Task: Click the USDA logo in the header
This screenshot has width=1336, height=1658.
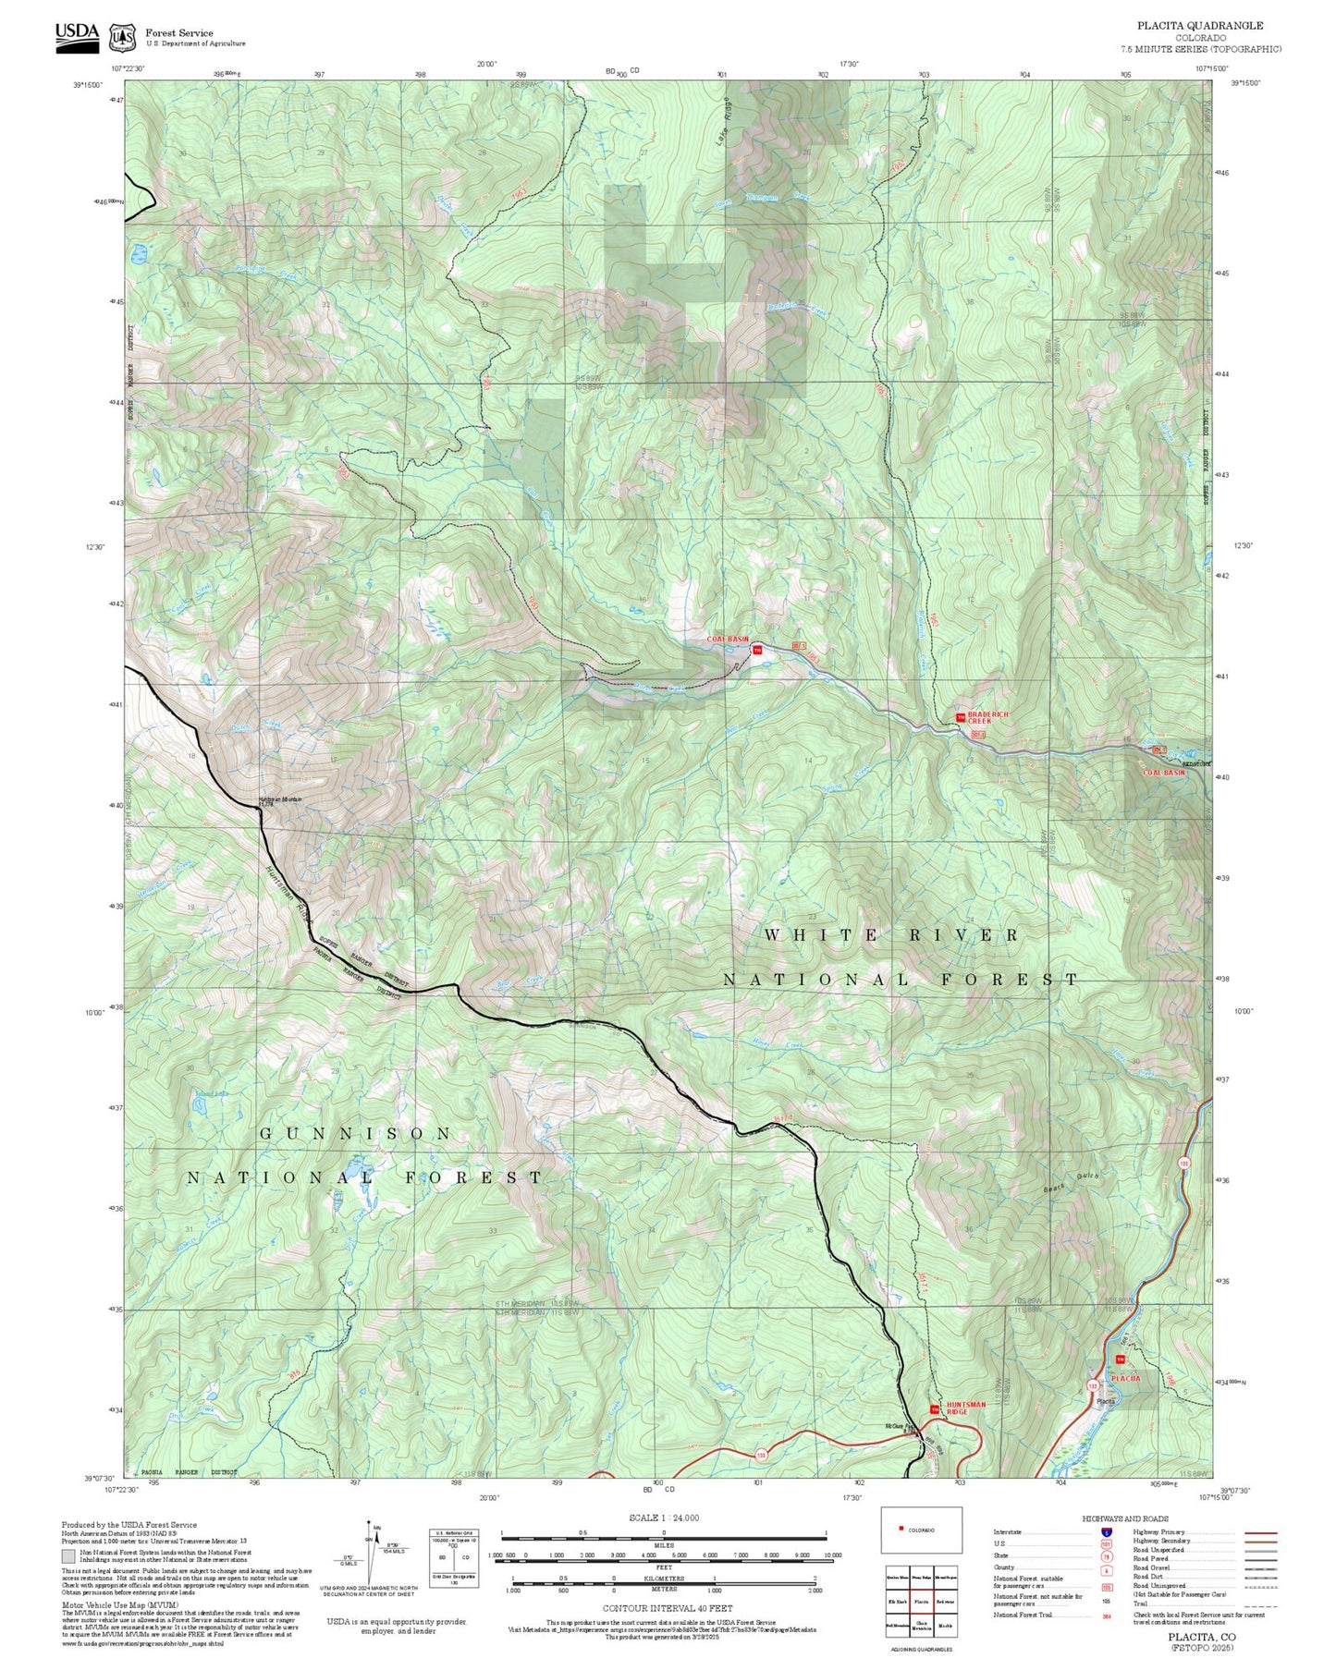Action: point(77,34)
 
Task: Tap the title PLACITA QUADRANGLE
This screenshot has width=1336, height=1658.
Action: point(1201,26)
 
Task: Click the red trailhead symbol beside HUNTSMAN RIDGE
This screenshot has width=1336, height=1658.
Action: point(934,1408)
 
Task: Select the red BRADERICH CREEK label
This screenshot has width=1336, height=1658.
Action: point(988,718)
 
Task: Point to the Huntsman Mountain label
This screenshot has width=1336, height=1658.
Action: point(279,800)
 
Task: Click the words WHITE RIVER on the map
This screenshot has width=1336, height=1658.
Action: point(891,935)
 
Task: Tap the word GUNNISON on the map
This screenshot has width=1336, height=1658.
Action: point(356,1133)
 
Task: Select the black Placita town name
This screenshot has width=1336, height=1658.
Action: point(1106,1401)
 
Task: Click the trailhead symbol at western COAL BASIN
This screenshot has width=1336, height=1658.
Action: point(757,651)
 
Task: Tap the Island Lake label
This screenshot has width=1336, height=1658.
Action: point(211,1094)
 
